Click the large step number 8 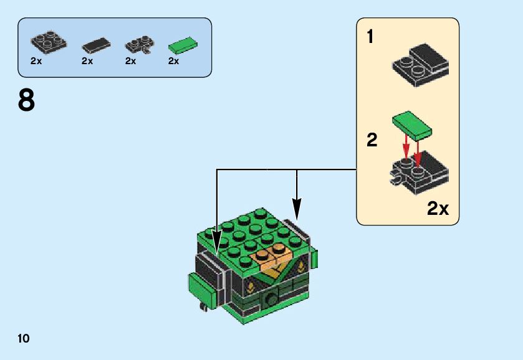click(x=27, y=101)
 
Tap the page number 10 click(x=24, y=338)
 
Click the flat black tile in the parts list click(x=97, y=45)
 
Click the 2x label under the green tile click(x=173, y=61)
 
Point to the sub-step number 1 click(x=370, y=37)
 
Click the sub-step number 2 click(x=372, y=141)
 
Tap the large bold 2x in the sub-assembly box click(x=438, y=209)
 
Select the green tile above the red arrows click(x=412, y=124)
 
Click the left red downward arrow click(x=406, y=148)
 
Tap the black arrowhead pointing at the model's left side click(x=216, y=239)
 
